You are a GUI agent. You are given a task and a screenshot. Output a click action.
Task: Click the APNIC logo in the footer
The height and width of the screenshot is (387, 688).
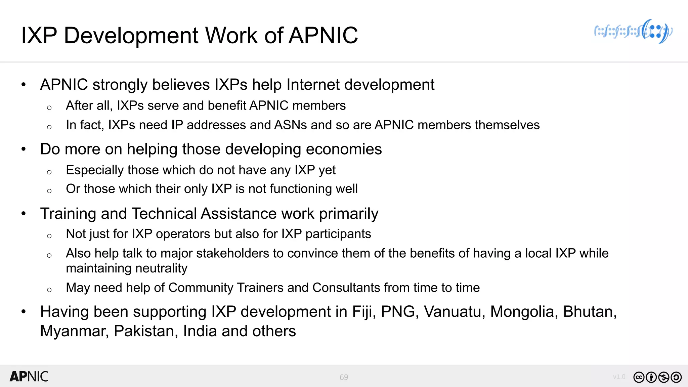(29, 377)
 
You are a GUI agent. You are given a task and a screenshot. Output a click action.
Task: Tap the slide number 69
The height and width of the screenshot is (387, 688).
(344, 377)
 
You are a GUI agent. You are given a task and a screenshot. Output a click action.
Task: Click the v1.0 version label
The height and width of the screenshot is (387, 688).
(619, 377)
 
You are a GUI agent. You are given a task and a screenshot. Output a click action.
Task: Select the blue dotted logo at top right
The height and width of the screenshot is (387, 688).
(633, 32)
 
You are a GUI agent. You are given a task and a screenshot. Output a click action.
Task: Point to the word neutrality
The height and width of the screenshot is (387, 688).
(127, 268)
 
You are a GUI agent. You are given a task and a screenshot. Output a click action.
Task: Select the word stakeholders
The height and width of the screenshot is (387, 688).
(232, 253)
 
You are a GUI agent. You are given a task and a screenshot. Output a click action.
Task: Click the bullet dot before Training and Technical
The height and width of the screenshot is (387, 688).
(24, 214)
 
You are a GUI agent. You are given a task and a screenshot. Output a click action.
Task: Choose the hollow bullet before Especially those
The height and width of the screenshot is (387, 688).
(49, 172)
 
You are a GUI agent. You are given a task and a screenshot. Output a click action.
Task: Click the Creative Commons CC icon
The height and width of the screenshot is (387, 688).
(639, 377)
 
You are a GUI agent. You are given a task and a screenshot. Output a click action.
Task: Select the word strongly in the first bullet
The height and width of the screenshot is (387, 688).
(120, 85)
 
